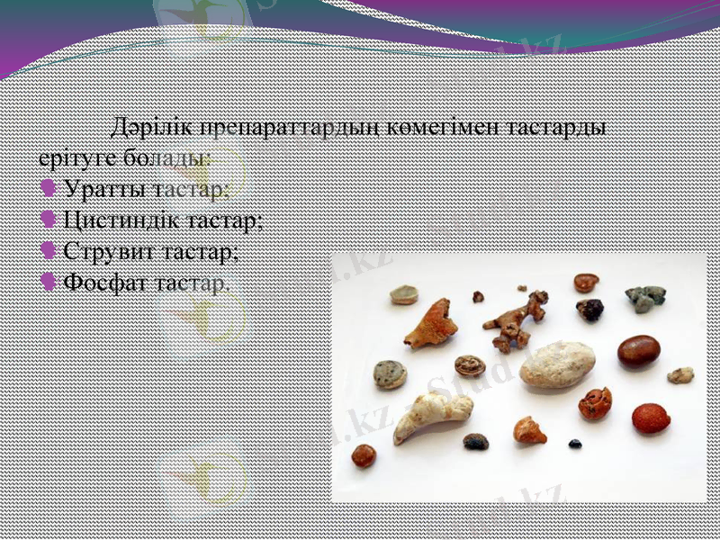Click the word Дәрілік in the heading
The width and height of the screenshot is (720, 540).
pos(151,127)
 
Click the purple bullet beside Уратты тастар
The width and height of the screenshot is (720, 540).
pos(49,190)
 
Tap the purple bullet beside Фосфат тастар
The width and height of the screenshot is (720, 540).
pos(49,282)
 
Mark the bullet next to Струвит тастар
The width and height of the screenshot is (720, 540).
pos(49,251)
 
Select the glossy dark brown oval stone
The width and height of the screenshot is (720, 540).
pos(638,350)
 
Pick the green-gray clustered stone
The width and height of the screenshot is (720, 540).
pos(645,298)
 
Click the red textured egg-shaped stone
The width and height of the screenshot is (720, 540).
pos(650,418)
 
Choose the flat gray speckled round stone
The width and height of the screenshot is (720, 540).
pos(390,374)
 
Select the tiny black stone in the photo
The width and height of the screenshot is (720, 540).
pos(575,444)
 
